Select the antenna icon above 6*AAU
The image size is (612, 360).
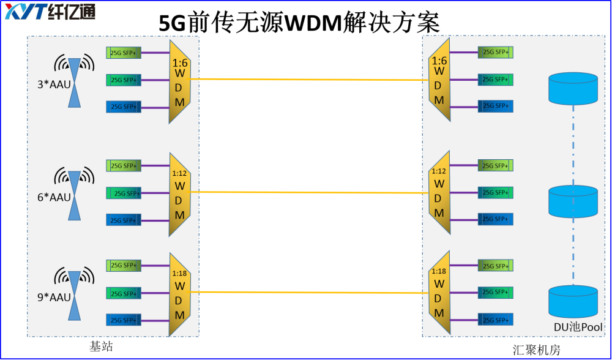74,181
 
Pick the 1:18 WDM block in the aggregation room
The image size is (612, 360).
439,293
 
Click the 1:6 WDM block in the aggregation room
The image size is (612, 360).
439,80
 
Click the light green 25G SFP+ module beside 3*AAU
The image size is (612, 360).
124,53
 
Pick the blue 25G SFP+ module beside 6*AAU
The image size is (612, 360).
124,220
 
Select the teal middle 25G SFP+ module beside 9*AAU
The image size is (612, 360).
124,293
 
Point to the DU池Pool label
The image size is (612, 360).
578,327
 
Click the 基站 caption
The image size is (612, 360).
101,347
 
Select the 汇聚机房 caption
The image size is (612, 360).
536,350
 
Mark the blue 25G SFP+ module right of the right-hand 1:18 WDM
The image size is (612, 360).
496,320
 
